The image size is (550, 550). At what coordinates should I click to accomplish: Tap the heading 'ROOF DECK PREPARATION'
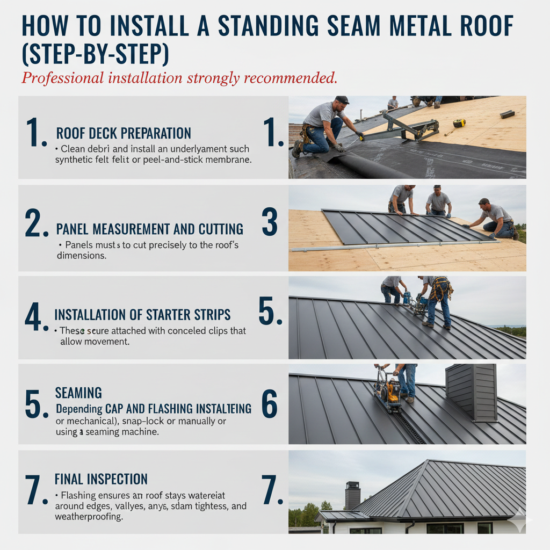point(124,133)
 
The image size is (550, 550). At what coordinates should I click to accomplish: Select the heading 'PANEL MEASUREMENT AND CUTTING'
point(149,230)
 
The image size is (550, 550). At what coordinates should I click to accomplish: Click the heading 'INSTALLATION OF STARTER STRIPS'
point(143,315)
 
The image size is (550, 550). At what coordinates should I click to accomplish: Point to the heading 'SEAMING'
point(78,393)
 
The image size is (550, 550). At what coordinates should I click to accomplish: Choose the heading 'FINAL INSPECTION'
point(101,479)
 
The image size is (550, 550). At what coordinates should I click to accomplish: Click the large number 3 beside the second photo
point(270,222)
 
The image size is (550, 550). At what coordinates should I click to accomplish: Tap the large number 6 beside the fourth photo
point(270,404)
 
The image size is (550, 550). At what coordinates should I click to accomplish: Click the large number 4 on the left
point(33,317)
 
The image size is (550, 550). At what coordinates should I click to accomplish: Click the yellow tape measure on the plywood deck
point(459,123)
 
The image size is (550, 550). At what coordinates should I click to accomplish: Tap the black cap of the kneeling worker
point(342,100)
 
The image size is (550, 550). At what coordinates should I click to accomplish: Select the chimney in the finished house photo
point(352,495)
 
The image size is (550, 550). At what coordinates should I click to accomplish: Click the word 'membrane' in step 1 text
point(224,160)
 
